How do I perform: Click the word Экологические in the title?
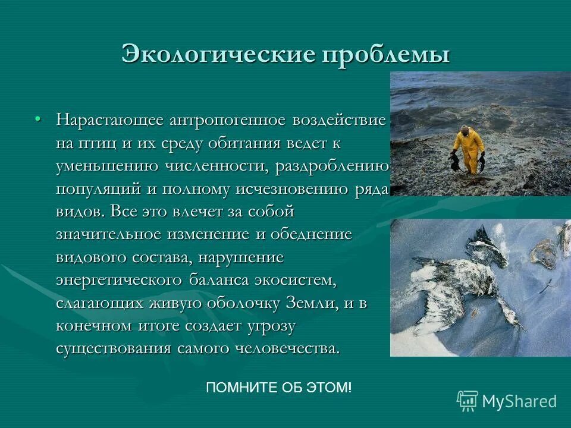click(x=218, y=54)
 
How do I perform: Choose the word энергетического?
click(x=119, y=280)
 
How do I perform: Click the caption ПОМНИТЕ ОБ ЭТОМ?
click(x=278, y=388)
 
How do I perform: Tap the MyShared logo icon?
click(x=467, y=401)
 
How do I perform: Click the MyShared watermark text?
click(x=519, y=401)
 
